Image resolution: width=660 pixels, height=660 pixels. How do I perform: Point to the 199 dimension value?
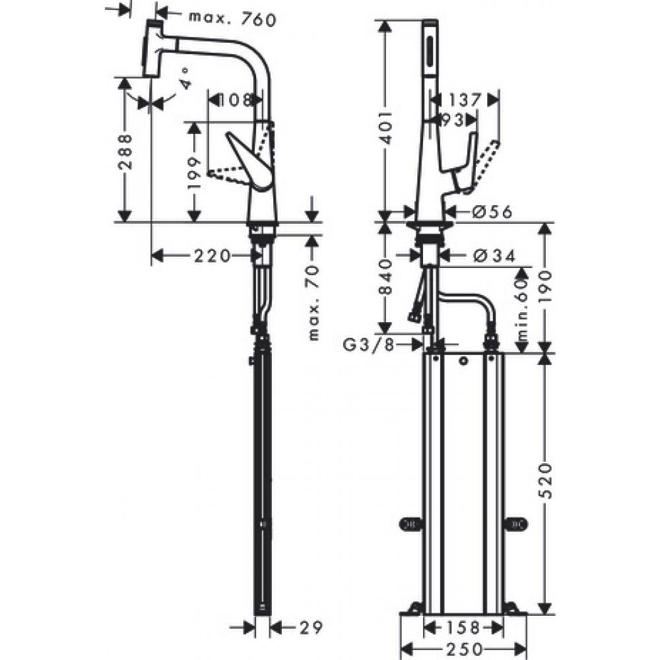pyautogui.click(x=193, y=174)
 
